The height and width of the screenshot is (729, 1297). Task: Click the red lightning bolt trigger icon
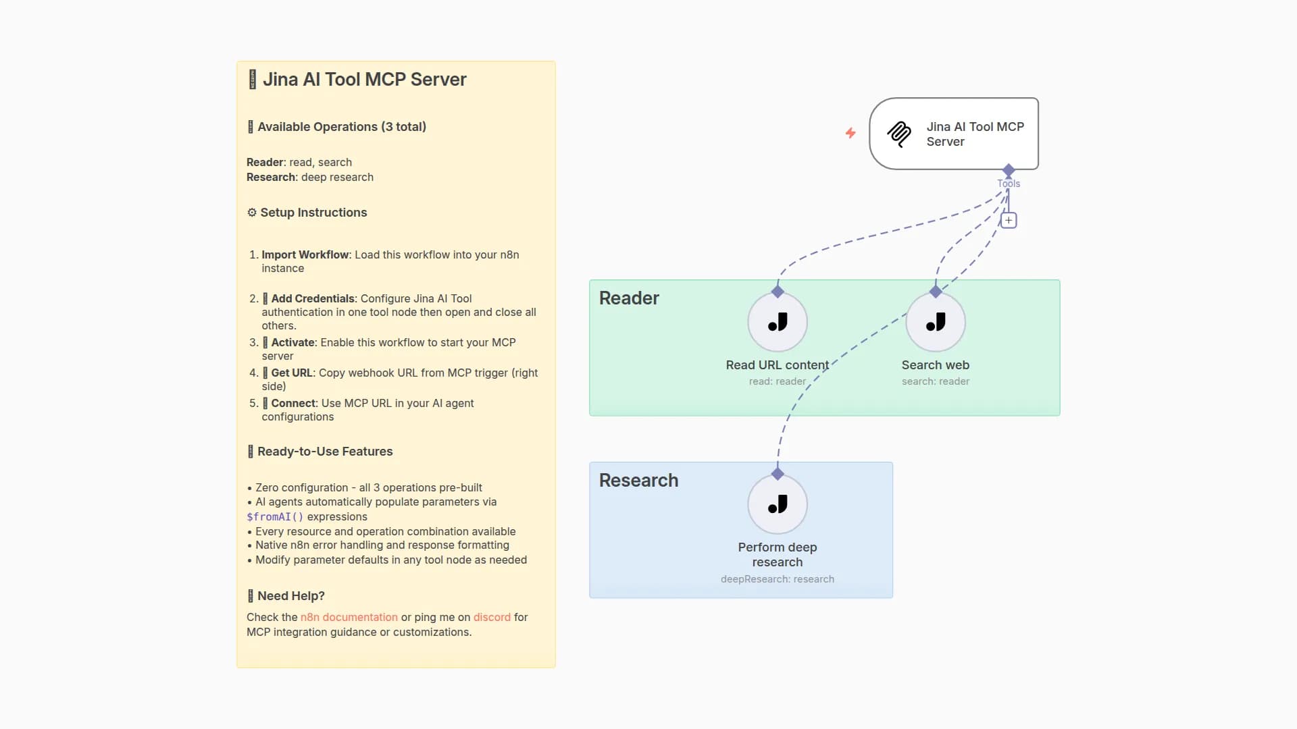point(850,133)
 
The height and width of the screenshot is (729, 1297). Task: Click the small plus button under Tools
point(1009,220)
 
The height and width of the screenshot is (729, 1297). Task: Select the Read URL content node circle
point(778,322)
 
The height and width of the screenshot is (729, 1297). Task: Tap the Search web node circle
point(936,322)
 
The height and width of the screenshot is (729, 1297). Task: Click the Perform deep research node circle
point(778,504)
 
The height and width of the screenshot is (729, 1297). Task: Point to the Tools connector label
point(1009,184)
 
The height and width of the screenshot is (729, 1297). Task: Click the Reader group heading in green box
point(629,298)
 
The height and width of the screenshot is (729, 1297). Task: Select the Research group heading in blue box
point(638,481)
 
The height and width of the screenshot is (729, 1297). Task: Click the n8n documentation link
point(349,617)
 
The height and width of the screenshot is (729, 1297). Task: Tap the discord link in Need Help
point(492,617)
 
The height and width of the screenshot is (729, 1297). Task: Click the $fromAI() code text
point(275,517)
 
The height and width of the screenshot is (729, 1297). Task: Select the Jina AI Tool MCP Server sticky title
point(364,80)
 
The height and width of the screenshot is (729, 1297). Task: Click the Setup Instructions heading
point(313,213)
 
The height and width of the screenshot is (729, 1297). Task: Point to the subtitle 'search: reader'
point(936,381)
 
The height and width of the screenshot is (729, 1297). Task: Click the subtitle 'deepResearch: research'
point(778,579)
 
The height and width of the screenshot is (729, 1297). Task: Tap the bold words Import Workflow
point(305,254)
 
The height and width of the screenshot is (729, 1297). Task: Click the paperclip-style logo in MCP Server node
point(899,134)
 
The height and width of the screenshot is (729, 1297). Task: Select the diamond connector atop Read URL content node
point(778,292)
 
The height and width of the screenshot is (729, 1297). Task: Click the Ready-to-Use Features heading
point(325,452)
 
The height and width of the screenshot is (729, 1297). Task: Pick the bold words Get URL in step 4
point(292,373)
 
